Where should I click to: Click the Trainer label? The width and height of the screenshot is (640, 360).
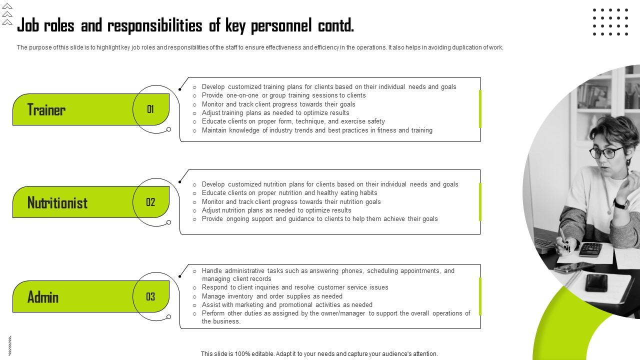click(46, 109)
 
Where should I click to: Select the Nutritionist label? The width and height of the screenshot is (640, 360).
click(57, 202)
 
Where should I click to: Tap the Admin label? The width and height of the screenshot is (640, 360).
click(43, 297)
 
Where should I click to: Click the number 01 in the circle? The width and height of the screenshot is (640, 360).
click(150, 109)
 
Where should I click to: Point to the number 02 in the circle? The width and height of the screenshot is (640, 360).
click(150, 202)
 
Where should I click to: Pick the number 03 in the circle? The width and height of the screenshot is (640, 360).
click(150, 296)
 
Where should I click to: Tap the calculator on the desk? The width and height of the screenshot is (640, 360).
click(590, 249)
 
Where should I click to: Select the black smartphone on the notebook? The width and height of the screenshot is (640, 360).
click(596, 282)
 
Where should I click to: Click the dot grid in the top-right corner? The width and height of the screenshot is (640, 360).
click(610, 22)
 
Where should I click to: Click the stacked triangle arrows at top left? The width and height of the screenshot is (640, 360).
click(7, 14)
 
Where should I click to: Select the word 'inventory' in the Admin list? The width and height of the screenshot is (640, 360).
click(240, 296)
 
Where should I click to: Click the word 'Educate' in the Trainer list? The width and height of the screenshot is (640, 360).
click(213, 121)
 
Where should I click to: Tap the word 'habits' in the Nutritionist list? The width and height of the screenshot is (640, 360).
click(368, 192)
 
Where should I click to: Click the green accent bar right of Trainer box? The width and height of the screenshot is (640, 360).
click(480, 108)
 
